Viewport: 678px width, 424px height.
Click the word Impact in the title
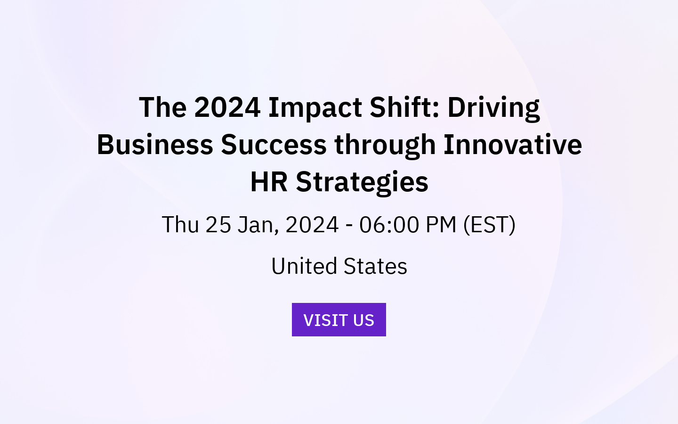[315, 107]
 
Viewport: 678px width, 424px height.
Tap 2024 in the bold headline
[227, 107]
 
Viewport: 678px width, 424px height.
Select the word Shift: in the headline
[404, 107]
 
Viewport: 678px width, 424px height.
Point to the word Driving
[493, 107]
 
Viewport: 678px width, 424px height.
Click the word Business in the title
[154, 145]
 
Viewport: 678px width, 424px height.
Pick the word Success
[274, 145]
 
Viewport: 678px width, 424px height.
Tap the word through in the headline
[385, 145]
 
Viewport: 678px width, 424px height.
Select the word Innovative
[512, 145]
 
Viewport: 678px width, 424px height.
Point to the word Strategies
[362, 182]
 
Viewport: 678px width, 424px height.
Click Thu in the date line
[180, 225]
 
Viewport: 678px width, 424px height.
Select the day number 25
[218, 225]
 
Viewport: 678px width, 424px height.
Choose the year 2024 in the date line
[312, 225]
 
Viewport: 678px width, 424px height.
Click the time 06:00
[389, 225]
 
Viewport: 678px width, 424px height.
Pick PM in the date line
[441, 225]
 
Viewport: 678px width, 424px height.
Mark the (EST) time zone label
[489, 225]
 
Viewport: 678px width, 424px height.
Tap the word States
[375, 267]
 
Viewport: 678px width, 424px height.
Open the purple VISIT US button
[339, 320]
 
